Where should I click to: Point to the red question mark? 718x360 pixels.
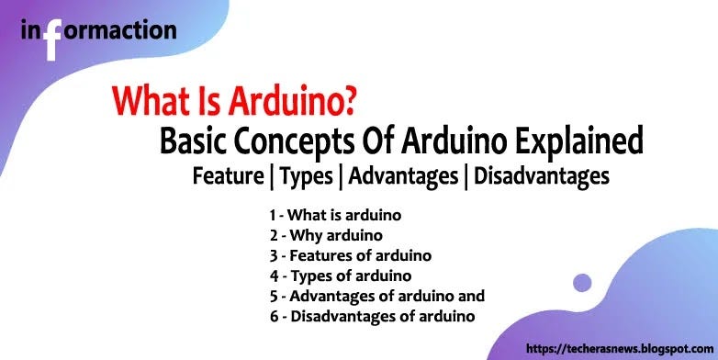(347, 102)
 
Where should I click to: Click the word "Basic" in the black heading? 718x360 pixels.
(192, 142)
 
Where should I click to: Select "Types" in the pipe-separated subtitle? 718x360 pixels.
(310, 176)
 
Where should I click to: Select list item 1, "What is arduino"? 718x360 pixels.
(336, 215)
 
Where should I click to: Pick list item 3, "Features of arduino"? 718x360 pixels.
(350, 255)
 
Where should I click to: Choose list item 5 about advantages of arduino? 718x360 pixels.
(376, 296)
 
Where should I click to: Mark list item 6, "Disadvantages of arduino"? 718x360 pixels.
(372, 316)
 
